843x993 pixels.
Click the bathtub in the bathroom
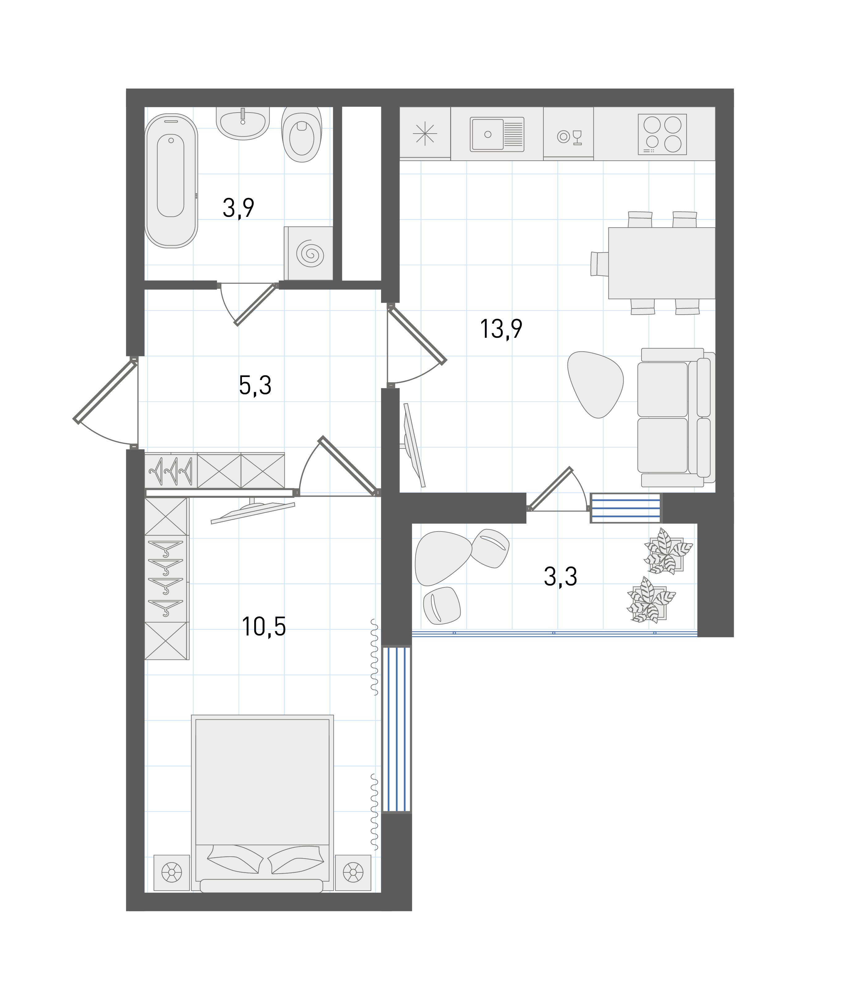pos(171,180)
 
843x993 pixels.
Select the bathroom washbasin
pos(243,122)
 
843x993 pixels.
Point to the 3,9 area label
pos(239,208)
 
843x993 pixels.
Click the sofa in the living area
pos(676,417)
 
